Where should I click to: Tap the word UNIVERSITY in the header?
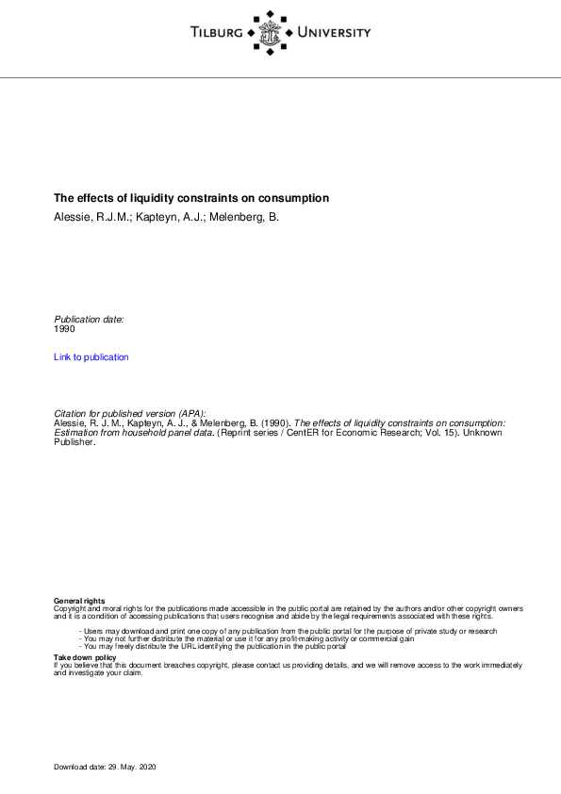tap(334, 33)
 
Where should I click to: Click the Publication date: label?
tap(89, 320)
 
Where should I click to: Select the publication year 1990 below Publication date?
tap(64, 329)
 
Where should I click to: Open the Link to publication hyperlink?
tap(91, 357)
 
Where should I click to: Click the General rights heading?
tap(79, 601)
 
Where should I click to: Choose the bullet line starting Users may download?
tap(288, 630)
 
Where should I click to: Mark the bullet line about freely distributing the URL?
tap(213, 646)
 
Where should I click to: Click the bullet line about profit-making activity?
tap(247, 638)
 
